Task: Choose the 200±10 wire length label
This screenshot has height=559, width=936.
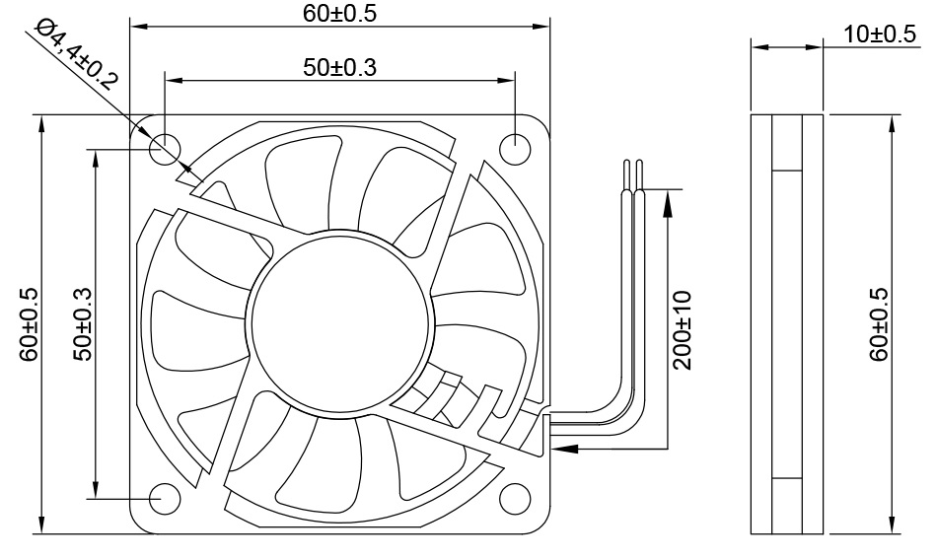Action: [682, 329]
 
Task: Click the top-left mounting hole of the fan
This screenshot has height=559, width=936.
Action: [165, 150]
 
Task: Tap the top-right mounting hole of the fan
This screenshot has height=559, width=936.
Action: [516, 149]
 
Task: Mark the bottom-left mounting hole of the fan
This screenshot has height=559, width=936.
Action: [165, 499]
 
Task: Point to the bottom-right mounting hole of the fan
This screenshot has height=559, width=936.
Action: [516, 499]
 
